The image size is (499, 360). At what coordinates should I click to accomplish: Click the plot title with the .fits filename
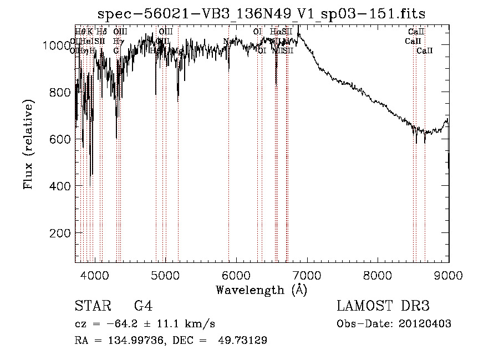[261, 14]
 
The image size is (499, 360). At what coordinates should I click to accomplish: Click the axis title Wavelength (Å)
[261, 290]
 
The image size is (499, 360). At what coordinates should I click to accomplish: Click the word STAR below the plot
[89, 306]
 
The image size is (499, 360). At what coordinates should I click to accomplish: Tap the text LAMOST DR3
[383, 306]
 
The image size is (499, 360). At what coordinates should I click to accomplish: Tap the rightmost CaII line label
[425, 51]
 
